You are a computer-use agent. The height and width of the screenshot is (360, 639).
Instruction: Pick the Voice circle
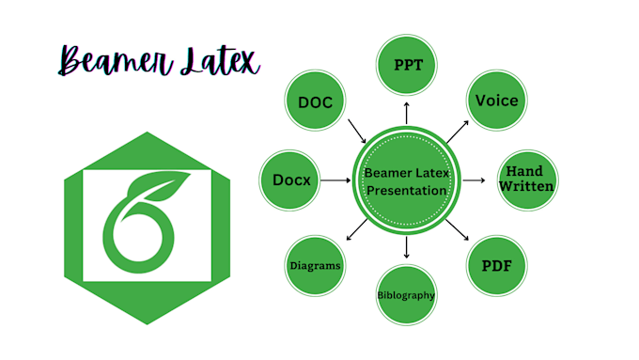click(x=497, y=100)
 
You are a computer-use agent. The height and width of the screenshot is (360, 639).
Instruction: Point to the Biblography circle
click(x=406, y=295)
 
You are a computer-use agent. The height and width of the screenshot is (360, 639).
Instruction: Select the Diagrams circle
click(x=314, y=266)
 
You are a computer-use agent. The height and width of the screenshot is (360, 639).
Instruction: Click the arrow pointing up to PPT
click(x=406, y=112)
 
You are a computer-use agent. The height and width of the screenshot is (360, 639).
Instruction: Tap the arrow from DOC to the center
click(x=356, y=131)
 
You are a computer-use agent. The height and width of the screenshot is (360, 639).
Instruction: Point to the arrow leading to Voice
click(x=457, y=132)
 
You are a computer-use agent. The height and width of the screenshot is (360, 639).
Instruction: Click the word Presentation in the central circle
click(x=406, y=190)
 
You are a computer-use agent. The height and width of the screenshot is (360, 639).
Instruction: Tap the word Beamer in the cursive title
click(x=101, y=61)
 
